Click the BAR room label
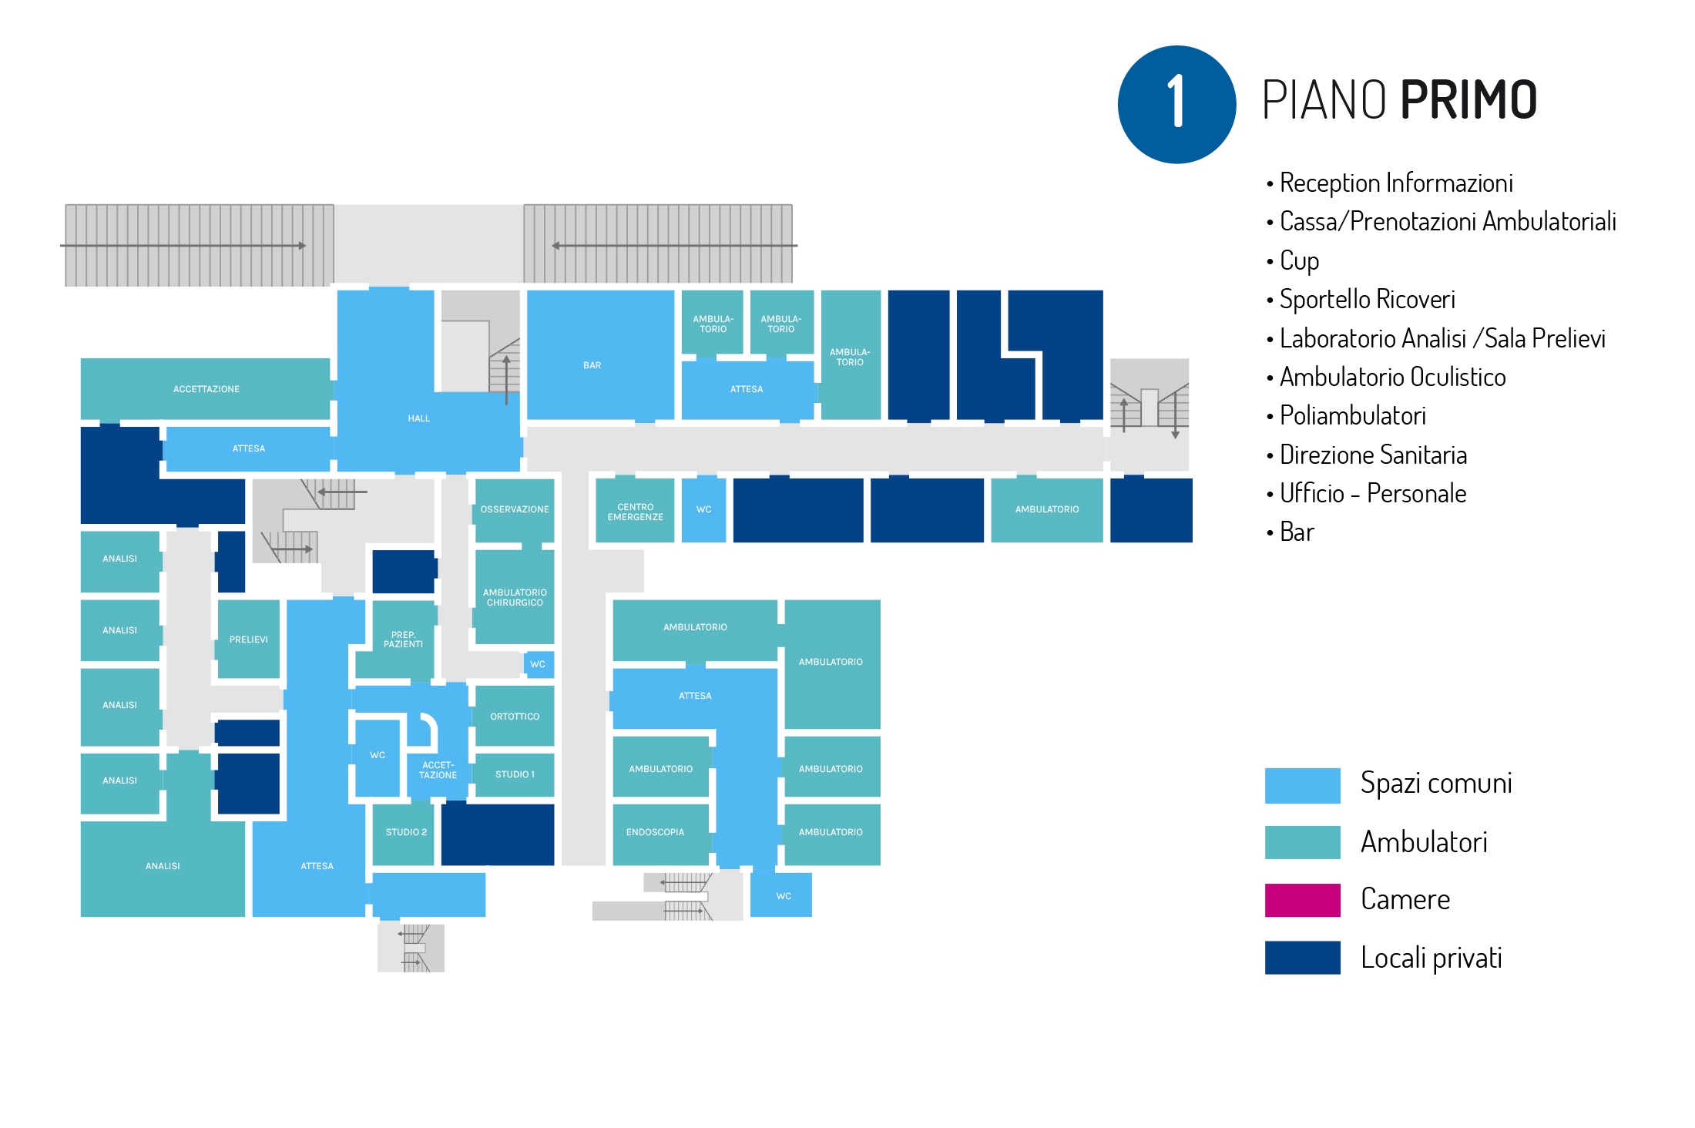pos(592,365)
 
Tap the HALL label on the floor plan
pos(418,418)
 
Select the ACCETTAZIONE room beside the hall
pos(206,389)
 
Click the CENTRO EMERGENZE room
pos(635,512)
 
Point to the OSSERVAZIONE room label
pos(515,509)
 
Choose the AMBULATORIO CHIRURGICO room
pos(515,597)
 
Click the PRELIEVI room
pos(248,640)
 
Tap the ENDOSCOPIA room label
pos(655,832)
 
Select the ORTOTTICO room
pos(515,717)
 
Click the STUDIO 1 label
pos(515,774)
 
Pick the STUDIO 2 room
pos(406,832)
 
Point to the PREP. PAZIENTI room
pos(403,640)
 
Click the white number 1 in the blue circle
pos(1176,102)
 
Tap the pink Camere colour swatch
pos(1302,900)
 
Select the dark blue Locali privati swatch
pos(1302,958)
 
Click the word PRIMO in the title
pos(1468,100)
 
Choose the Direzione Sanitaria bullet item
pos(1373,455)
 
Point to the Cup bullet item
pos(1299,260)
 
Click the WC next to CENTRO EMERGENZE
pos(703,509)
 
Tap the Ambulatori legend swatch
pos(1302,842)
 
